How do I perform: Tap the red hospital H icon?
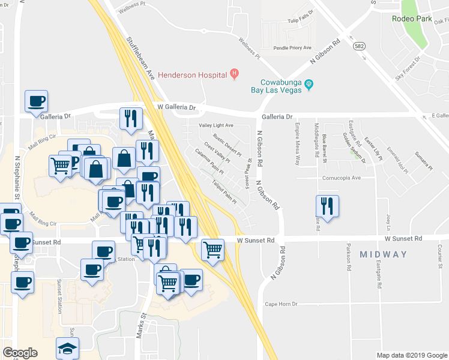235,74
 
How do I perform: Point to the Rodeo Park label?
412,19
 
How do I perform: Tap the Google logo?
20,352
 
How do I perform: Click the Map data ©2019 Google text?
411,355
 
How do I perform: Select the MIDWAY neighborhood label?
383,254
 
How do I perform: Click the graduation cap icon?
67,348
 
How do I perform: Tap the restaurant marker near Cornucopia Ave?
327,205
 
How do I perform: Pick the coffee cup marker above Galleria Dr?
36,100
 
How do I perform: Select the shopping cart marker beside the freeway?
212,248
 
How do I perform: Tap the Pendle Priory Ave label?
292,47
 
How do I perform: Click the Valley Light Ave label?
216,125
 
